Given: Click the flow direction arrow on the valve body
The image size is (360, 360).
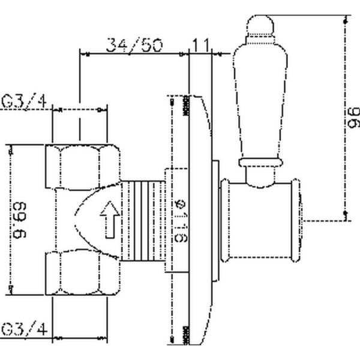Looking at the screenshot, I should tap(109, 219).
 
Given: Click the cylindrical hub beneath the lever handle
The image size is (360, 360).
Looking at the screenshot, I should tap(261, 219).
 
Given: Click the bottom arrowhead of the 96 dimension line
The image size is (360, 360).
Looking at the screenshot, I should tap(346, 214).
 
